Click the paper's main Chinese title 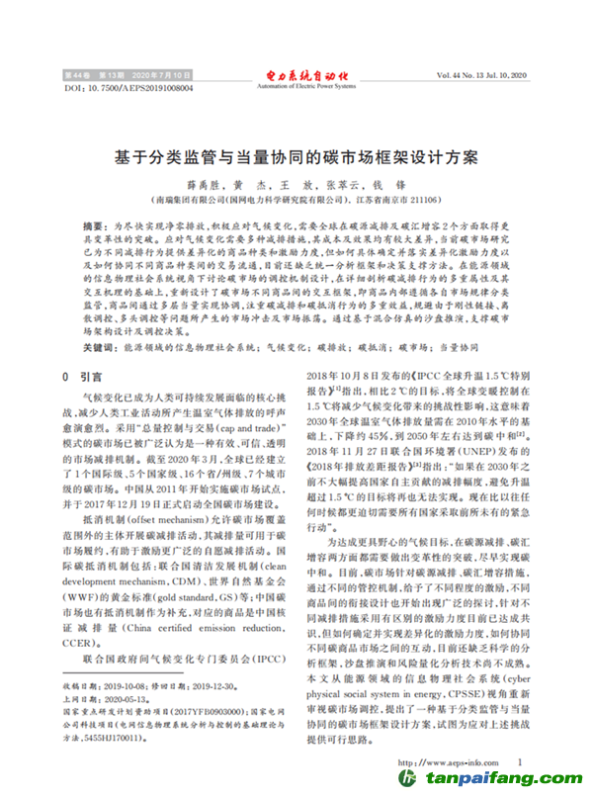click(x=296, y=157)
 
